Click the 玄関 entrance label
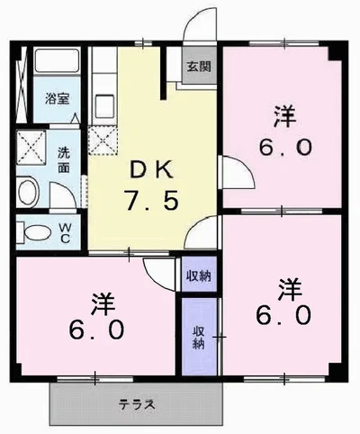point(199,66)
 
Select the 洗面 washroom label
point(64,159)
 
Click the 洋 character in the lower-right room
point(289,288)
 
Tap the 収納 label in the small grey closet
point(199,275)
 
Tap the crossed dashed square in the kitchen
point(102,139)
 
